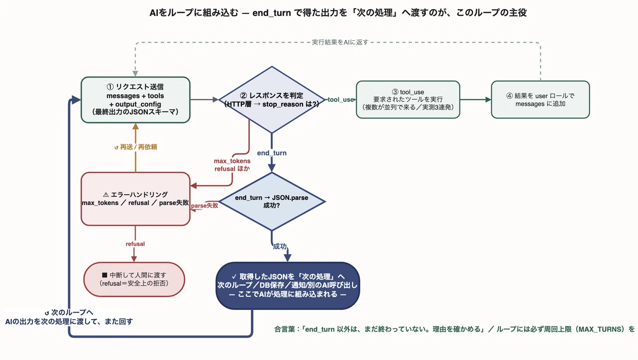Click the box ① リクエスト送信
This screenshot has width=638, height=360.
[136, 99]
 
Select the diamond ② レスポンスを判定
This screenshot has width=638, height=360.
[272, 99]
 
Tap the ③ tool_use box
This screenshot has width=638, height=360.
[408, 99]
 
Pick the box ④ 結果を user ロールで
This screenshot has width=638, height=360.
[540, 99]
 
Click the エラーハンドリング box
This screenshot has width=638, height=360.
[136, 199]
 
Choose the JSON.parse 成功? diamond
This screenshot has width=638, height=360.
[272, 202]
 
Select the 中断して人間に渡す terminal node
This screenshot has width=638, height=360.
[134, 279]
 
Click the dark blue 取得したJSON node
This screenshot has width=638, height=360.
[288, 286]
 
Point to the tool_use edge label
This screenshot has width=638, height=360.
[341, 99]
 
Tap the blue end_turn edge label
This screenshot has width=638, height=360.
[272, 153]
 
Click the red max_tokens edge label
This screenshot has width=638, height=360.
[232, 161]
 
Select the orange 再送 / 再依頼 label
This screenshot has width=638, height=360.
[136, 147]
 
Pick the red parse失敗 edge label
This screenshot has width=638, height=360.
[205, 205]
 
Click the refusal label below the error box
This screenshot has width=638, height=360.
[135, 244]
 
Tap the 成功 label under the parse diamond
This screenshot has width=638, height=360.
[280, 246]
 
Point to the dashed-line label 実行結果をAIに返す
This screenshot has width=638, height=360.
[340, 42]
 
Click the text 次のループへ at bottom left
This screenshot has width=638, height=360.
[72, 313]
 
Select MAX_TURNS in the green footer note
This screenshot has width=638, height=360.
[601, 329]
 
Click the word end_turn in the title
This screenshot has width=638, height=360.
[272, 13]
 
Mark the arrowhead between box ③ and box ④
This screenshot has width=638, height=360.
[488, 99]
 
